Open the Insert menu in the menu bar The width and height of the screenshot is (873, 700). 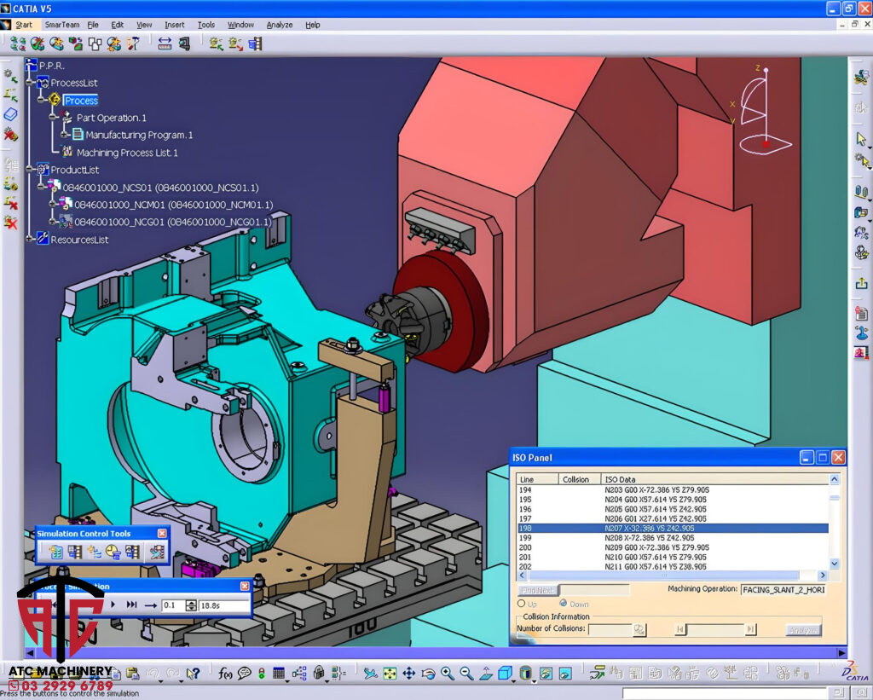pos(174,25)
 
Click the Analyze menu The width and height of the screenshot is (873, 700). pos(280,25)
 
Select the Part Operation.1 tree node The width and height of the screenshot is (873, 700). pos(112,118)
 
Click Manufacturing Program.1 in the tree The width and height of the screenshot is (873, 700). pos(139,135)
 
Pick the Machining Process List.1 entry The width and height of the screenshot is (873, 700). pos(127,153)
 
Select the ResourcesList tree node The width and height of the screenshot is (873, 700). pos(79,240)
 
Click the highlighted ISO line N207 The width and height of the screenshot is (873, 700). pos(648,529)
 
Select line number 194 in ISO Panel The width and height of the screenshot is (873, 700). pos(526,490)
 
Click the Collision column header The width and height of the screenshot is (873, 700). pos(575,479)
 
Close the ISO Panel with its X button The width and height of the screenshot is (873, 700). pos(838,458)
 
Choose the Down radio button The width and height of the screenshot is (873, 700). pos(563,604)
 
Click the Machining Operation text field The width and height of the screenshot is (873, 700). pos(782,589)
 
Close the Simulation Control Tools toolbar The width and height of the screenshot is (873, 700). pos(162,534)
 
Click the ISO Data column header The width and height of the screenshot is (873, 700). pos(620,479)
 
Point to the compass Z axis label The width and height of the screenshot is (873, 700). pos(757,67)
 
